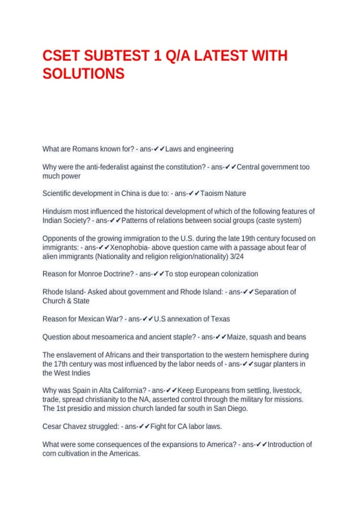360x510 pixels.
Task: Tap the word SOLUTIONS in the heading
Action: pyautogui.click(x=83, y=74)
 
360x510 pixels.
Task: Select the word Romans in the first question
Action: pyautogui.click(x=85, y=149)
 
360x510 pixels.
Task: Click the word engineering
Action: pyautogui.click(x=215, y=149)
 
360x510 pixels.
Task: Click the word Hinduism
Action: pyautogui.click(x=57, y=211)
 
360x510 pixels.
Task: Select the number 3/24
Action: pyautogui.click(x=237, y=256)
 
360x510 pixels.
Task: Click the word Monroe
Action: pyautogui.click(x=90, y=274)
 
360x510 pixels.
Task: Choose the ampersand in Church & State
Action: pyautogui.click(x=70, y=301)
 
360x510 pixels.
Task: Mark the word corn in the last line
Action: pyautogui.click(x=49, y=453)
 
